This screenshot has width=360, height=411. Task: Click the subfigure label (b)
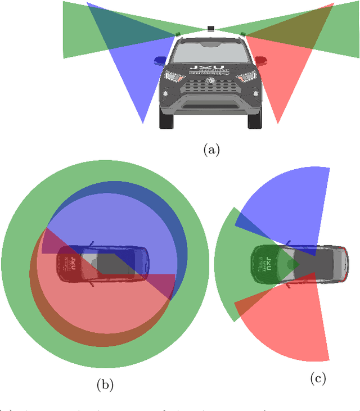click(105, 385)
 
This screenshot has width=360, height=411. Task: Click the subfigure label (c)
click(318, 379)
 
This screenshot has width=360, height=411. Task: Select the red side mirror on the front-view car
click(261, 60)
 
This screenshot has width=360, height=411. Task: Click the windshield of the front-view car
click(210, 52)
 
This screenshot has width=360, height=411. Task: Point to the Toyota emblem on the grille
click(210, 81)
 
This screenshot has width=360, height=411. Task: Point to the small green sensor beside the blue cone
click(178, 34)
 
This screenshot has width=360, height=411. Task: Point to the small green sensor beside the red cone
click(243, 34)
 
